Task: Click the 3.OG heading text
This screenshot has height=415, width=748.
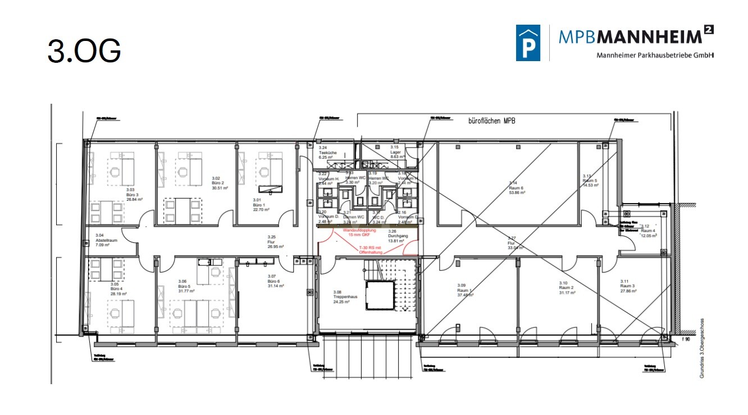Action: pos(84,51)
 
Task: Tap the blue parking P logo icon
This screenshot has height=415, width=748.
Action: pos(528,43)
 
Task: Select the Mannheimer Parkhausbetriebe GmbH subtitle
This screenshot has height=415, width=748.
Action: pos(655,55)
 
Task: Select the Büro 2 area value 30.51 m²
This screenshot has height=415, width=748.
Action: pos(220,188)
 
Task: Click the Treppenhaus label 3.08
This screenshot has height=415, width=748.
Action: pos(341,297)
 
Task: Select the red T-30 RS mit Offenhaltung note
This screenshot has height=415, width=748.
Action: pos(371,250)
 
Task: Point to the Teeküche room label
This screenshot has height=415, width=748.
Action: pos(327,153)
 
